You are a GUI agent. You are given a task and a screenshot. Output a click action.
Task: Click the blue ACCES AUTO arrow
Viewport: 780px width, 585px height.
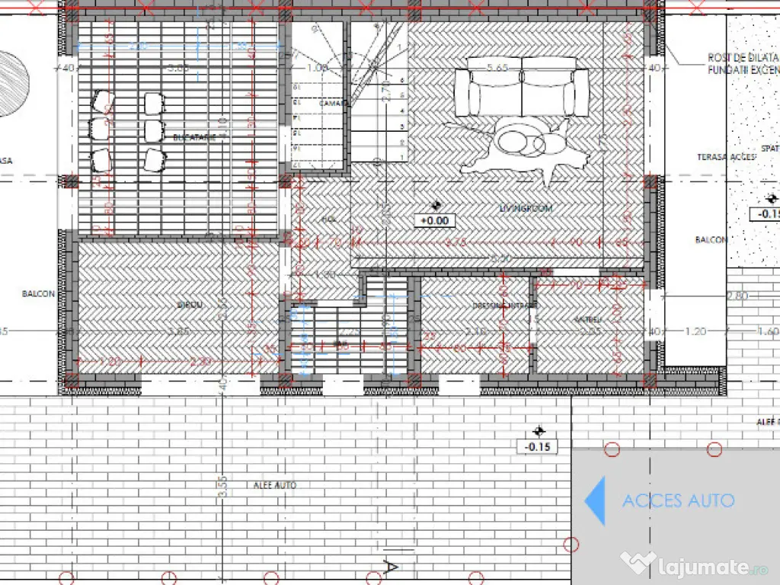[596, 500]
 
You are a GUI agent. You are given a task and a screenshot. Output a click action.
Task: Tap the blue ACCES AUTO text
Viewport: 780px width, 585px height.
[678, 500]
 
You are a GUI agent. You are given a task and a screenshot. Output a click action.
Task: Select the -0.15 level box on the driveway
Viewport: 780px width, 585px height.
[538, 446]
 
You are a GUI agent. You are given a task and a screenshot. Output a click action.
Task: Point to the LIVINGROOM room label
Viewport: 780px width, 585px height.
[526, 208]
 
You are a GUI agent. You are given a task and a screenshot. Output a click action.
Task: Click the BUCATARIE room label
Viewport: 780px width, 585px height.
[194, 138]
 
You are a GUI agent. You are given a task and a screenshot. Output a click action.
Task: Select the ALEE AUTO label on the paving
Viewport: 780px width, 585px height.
[274, 485]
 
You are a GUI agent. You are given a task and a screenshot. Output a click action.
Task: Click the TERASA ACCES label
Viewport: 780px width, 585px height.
[726, 156]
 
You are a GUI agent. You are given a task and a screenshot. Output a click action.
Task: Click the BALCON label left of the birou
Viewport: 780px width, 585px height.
[38, 294]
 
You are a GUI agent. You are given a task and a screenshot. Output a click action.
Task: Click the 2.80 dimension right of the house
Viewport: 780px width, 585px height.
[737, 295]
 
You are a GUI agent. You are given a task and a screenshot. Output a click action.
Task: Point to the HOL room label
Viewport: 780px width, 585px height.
[329, 219]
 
